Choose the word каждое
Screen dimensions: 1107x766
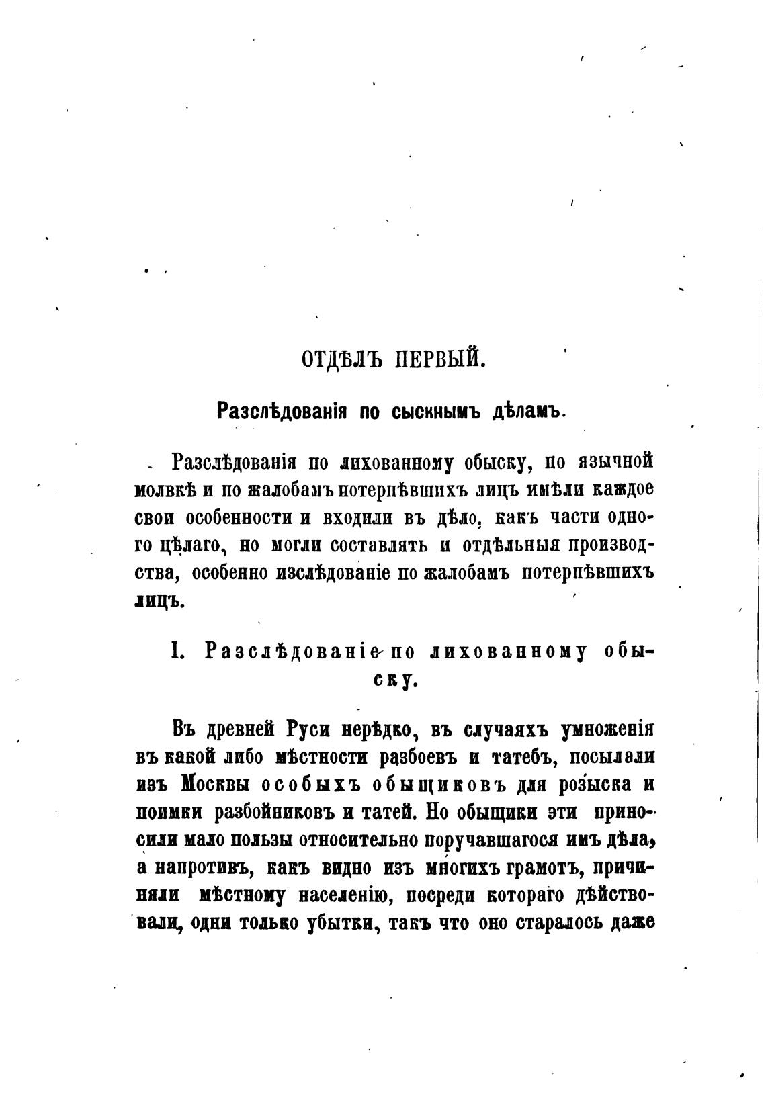pos(624,490)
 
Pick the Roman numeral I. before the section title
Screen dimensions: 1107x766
pos(178,651)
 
